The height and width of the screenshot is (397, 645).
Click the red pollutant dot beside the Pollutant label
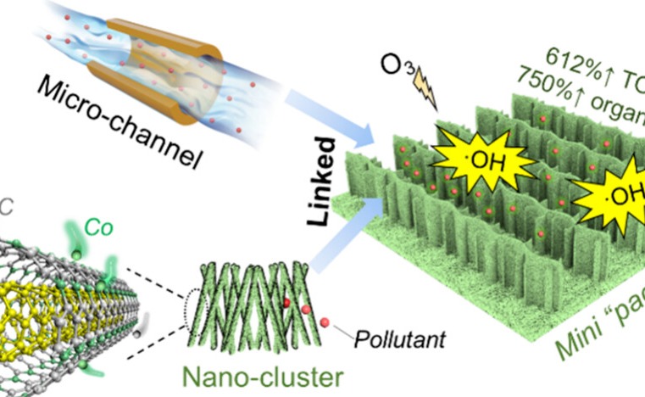pos(326,323)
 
